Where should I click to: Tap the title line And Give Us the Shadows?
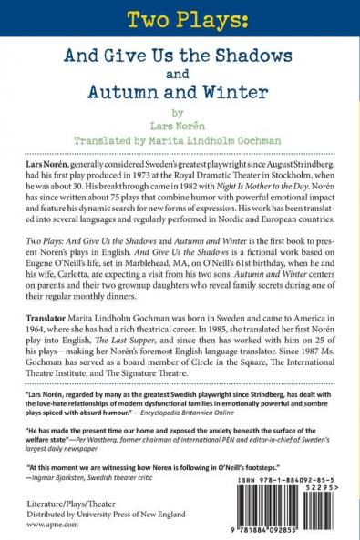[x=180, y=55]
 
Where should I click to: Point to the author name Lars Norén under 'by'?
[x=180, y=130]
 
